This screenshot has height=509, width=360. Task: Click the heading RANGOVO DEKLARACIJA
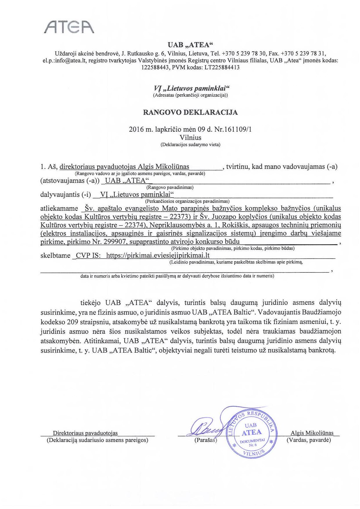click(x=190, y=112)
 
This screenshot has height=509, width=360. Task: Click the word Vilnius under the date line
click(x=190, y=137)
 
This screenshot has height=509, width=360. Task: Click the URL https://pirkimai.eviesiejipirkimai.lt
click(x=158, y=255)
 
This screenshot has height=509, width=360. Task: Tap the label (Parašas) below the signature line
click(x=206, y=440)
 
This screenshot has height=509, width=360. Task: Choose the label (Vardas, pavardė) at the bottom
click(x=309, y=440)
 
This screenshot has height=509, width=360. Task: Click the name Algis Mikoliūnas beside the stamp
click(x=312, y=433)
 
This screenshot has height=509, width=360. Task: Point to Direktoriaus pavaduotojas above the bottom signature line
click(x=85, y=433)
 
